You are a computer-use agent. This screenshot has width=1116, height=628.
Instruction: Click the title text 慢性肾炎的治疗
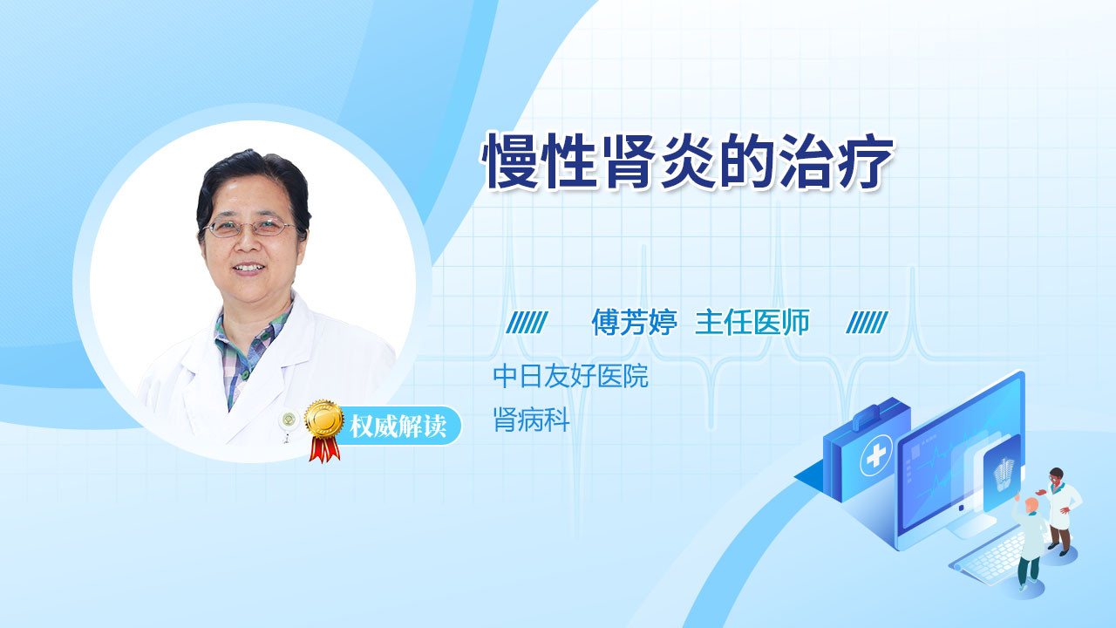[x=688, y=161]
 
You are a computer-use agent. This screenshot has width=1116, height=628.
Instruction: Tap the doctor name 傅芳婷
[x=634, y=323]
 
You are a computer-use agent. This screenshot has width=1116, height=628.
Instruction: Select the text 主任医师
[x=752, y=323]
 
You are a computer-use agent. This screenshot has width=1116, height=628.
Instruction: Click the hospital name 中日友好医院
[x=570, y=376]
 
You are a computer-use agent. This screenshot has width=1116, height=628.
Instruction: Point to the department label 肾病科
[x=532, y=420]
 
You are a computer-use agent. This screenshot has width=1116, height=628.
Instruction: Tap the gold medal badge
[x=324, y=420]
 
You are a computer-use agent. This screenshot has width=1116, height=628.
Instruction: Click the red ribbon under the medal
[x=324, y=448]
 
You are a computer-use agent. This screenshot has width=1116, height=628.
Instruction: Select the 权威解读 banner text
[x=398, y=427]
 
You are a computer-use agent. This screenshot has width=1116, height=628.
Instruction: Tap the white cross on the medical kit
[x=876, y=454]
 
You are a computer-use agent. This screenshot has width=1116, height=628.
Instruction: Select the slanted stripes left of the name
[x=527, y=323]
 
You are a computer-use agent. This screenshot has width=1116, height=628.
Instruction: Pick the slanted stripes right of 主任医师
[x=867, y=323]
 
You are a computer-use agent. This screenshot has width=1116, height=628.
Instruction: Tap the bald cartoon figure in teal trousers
[x=1030, y=543]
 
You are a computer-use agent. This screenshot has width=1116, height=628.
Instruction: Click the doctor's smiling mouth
[x=248, y=269]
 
